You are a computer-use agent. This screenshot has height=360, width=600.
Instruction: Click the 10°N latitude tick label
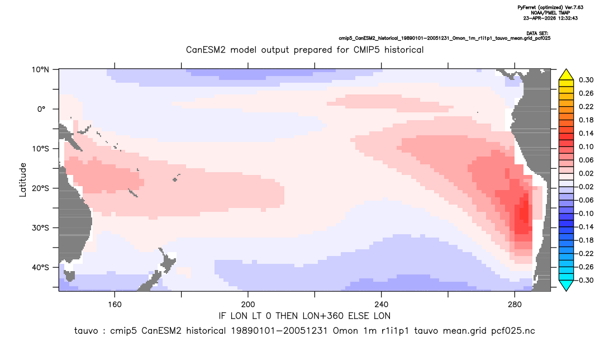point(40,70)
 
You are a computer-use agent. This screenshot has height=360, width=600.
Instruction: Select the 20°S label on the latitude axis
point(40,188)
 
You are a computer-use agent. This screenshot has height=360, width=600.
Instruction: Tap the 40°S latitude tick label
point(40,267)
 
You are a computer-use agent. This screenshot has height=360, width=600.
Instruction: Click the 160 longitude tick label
point(115,305)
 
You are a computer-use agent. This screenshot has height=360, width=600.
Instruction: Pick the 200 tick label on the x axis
point(248,305)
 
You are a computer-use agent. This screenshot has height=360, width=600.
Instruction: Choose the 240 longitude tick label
point(381,305)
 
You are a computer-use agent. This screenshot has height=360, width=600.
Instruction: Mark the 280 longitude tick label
point(515,305)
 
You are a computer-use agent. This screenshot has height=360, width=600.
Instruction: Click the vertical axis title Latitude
point(23,180)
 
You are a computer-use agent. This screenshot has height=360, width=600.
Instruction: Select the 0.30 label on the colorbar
point(586,80)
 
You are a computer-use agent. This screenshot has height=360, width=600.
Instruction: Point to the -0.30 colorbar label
point(584,280)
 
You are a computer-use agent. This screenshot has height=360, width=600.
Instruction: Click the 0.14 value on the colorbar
point(586,133)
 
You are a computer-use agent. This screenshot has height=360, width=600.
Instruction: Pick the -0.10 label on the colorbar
point(584,214)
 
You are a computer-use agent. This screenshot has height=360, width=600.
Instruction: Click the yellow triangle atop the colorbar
point(566,75)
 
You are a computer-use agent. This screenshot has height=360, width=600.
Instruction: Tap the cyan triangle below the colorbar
point(566,285)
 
